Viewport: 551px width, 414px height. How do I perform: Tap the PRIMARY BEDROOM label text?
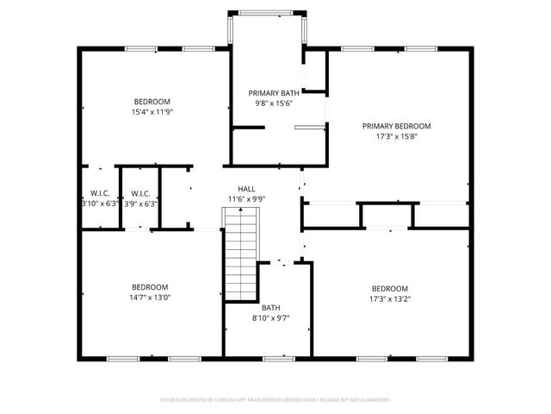395,126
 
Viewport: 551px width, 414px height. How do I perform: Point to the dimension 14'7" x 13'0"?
149,298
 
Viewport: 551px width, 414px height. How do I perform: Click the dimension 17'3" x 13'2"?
389,298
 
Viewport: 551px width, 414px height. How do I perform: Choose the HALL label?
246,188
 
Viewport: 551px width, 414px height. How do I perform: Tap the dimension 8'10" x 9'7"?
270,317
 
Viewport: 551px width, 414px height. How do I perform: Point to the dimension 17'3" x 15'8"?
395,136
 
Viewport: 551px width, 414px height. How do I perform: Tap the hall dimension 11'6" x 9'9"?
246,198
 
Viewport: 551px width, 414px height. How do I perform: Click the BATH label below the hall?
270,307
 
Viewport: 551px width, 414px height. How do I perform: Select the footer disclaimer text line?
275,400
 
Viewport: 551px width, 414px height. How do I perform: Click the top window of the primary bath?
266,12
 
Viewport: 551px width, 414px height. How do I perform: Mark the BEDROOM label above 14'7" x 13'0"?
149,287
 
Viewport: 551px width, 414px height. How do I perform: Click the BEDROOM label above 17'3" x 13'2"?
389,288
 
